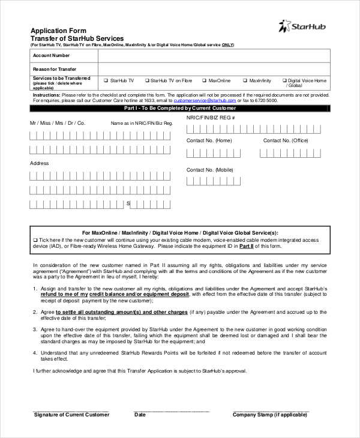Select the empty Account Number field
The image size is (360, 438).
(x=213, y=55)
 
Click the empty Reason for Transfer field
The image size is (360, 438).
(x=213, y=69)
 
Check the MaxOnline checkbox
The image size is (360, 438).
(x=205, y=80)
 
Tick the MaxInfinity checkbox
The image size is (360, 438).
(x=245, y=80)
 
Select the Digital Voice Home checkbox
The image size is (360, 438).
(x=284, y=80)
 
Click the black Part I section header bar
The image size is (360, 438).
(x=180, y=109)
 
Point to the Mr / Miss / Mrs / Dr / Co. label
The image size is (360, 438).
(x=58, y=123)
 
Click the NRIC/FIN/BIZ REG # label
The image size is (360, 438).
(x=211, y=118)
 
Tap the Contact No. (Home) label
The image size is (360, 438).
(x=209, y=140)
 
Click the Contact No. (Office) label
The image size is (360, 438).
(x=286, y=140)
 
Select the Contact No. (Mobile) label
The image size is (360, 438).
(x=210, y=170)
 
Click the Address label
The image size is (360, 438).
(x=40, y=163)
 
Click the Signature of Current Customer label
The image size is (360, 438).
(x=71, y=415)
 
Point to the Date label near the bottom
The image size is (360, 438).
(x=140, y=415)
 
